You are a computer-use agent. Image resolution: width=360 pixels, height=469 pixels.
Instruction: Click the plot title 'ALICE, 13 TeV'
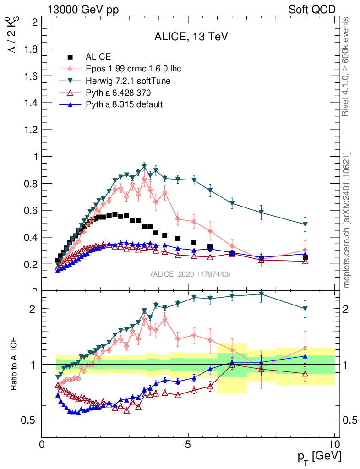pos(191,37)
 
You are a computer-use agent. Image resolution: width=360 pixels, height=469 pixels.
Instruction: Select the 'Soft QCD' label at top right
pos(312,10)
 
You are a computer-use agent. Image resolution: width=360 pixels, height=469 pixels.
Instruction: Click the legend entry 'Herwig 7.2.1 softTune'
pos(128,81)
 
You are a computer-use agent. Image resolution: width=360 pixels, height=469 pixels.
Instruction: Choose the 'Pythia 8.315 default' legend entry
pos(124,104)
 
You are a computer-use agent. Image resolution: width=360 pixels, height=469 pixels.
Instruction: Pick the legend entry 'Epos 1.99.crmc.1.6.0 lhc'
pos(133,69)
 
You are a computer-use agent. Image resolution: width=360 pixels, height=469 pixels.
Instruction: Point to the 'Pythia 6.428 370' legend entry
pos(120,93)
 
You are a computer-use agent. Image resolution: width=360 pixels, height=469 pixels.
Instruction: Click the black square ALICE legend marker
pos(71,57)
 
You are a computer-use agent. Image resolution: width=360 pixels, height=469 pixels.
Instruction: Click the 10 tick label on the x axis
pos(334,445)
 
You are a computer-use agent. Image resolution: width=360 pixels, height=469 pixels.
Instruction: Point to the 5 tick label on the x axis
pos(188,445)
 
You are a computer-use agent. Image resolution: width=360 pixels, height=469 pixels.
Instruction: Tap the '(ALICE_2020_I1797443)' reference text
pos(190,274)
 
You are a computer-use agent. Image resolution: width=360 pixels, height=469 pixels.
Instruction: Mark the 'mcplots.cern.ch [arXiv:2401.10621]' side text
pos(347,220)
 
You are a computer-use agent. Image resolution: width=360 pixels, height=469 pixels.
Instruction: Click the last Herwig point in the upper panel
pos(305,224)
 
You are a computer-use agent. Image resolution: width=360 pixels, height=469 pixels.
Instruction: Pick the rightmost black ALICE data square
pos(305,258)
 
